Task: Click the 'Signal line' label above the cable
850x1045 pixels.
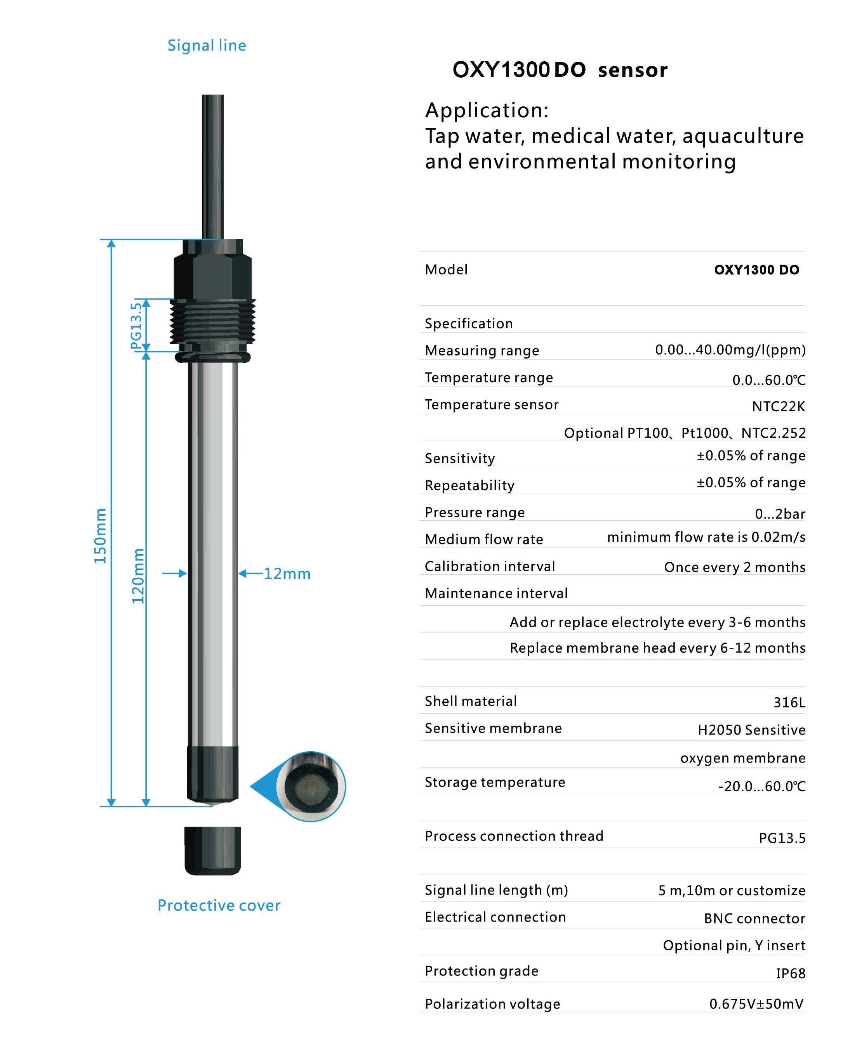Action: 207,45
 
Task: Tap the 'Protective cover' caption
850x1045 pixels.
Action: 219,905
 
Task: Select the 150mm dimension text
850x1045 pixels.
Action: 100,536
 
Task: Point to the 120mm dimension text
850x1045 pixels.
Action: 138,575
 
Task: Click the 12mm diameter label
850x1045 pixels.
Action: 287,574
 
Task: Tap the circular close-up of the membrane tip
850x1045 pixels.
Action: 310,786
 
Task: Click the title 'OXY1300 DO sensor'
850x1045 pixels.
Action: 560,70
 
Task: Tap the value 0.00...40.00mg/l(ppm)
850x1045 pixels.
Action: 730,350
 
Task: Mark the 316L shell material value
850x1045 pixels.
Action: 789,702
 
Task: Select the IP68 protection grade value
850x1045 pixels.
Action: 790,973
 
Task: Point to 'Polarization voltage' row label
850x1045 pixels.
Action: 492,1004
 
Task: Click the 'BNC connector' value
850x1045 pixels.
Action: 754,918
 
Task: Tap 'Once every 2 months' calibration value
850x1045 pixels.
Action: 734,567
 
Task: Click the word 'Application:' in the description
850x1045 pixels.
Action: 487,110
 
